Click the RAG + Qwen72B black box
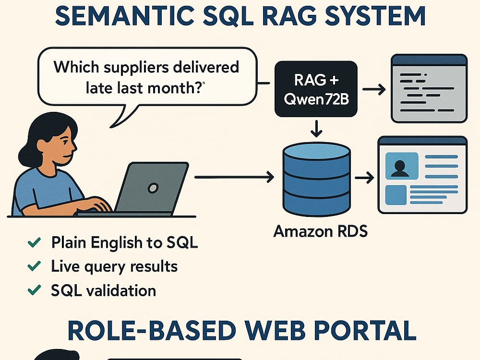coord(316,89)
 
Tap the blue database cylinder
coord(316,179)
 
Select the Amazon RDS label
coord(321,231)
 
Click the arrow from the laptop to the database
coord(234,177)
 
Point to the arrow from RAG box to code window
coord(374,89)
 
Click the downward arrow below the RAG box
coord(316,129)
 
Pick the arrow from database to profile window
coord(365,178)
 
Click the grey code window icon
coord(429,88)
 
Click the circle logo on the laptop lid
coord(153,188)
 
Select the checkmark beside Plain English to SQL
coord(34,242)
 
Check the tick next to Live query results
coord(34,266)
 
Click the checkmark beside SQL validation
coord(34,289)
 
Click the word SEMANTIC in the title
coord(124,16)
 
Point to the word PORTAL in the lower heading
coord(365,331)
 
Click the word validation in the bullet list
coord(121,290)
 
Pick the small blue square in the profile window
coord(396,195)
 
